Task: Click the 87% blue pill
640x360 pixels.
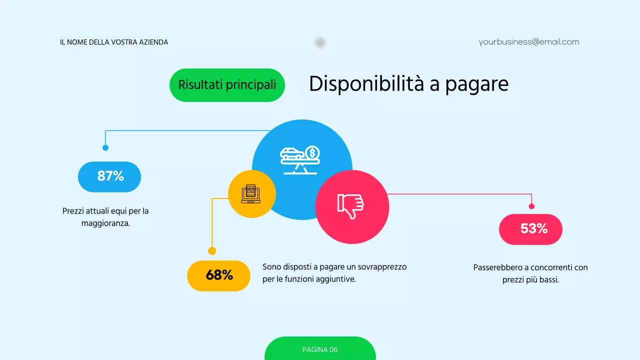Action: (x=109, y=176)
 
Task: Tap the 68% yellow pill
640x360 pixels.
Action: (x=218, y=275)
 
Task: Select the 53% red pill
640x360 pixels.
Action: (x=530, y=229)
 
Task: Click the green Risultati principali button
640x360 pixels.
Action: (x=227, y=85)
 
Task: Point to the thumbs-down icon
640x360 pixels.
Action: (x=351, y=205)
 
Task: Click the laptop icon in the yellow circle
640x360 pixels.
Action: (x=251, y=194)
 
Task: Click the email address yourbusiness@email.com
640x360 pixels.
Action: (x=528, y=42)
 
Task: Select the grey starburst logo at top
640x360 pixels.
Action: (x=320, y=42)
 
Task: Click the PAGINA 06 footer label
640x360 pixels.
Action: (x=320, y=349)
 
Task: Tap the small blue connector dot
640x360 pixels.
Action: (x=105, y=147)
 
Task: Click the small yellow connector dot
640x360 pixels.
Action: (x=212, y=251)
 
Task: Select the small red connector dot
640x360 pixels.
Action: (x=531, y=206)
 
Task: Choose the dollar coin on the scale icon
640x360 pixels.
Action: (x=313, y=152)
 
